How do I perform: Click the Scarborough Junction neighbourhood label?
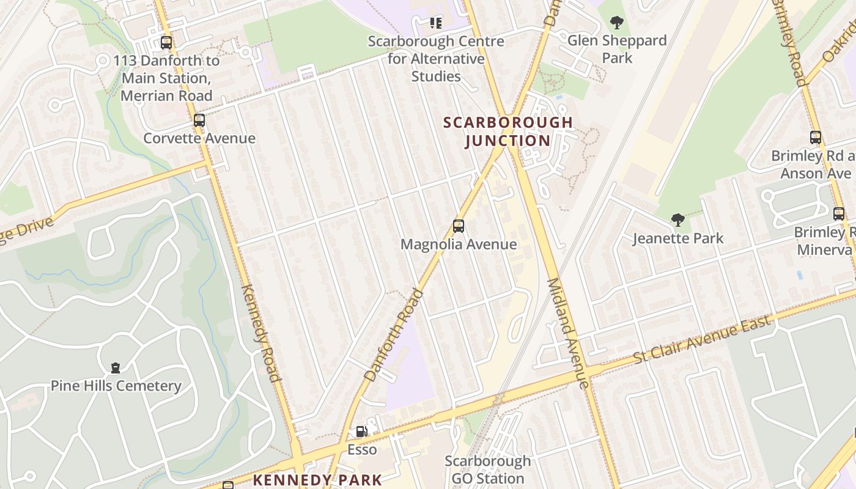[x=508, y=131]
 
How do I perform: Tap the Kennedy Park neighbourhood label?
[x=317, y=480]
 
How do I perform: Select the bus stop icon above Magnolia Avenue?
[x=459, y=226]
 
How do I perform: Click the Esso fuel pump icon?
[x=362, y=432]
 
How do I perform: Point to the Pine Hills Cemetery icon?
[x=116, y=367]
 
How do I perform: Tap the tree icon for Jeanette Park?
[x=677, y=220]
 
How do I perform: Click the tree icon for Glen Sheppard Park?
[x=617, y=23]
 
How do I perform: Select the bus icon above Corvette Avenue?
[x=199, y=120]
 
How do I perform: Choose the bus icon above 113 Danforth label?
[x=166, y=43]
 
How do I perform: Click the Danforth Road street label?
[x=393, y=335]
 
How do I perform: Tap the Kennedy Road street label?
[x=261, y=333]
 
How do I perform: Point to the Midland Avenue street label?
[x=568, y=333]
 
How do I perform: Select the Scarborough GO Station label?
[x=487, y=469]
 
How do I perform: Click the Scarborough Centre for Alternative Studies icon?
[x=435, y=23]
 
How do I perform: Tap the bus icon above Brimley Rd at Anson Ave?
[x=816, y=138]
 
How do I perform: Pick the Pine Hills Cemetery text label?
[x=116, y=386]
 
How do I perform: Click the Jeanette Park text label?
[x=677, y=238]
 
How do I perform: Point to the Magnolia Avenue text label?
[x=459, y=244]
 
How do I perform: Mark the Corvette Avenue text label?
[x=199, y=138]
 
